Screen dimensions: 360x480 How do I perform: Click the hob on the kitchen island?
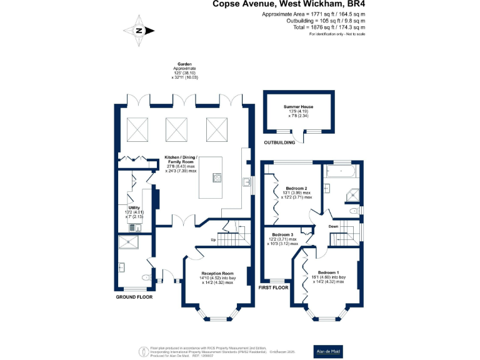click(217, 177)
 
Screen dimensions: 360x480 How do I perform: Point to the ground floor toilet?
click(146, 277)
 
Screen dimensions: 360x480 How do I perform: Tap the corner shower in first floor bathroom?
click(353, 196)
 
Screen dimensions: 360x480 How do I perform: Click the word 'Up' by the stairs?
click(213, 240)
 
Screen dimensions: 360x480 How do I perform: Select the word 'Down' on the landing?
click(334, 226)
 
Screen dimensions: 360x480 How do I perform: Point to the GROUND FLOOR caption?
click(134, 297)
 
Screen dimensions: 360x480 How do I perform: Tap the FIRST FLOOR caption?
click(274, 287)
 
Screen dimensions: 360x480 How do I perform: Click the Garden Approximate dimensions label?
click(184, 71)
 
